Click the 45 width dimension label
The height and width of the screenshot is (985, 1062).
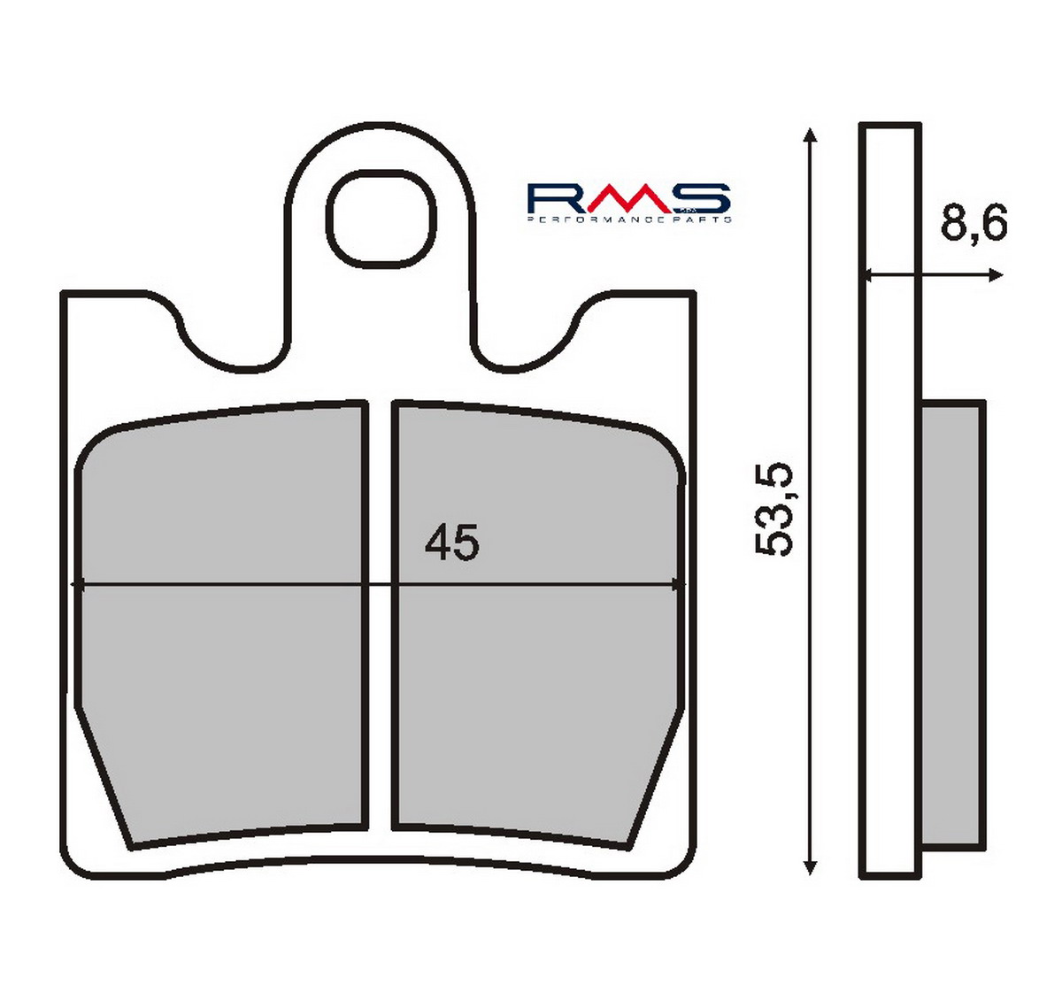click(x=451, y=543)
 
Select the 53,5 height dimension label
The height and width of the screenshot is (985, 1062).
click(x=773, y=509)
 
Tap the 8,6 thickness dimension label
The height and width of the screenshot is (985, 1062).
click(x=973, y=222)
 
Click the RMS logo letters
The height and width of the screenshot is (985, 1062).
click(x=629, y=199)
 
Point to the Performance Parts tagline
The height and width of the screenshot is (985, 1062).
click(x=629, y=219)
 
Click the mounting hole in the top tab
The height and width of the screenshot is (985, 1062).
click(x=381, y=219)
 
